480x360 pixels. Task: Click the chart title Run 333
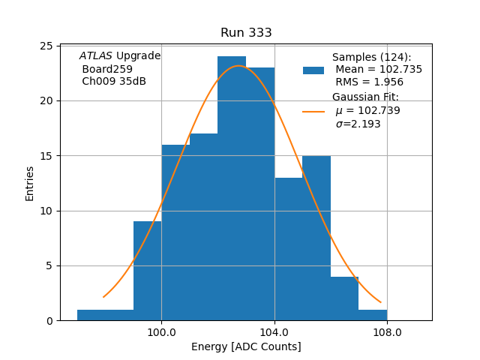click(246, 33)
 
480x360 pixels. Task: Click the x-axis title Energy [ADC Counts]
click(246, 346)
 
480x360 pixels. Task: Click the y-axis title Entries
click(30, 183)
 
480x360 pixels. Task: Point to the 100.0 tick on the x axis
click(161, 332)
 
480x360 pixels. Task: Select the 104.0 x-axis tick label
click(274, 332)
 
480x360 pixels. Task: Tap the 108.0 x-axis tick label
click(387, 332)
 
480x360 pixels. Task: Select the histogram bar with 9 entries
click(147, 270)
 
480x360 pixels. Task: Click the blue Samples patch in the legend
click(313, 70)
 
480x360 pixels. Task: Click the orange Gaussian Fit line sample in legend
click(313, 111)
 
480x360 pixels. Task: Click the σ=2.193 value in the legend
click(358, 124)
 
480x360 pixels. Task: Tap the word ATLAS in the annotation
click(96, 55)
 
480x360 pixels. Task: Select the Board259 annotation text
click(107, 69)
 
